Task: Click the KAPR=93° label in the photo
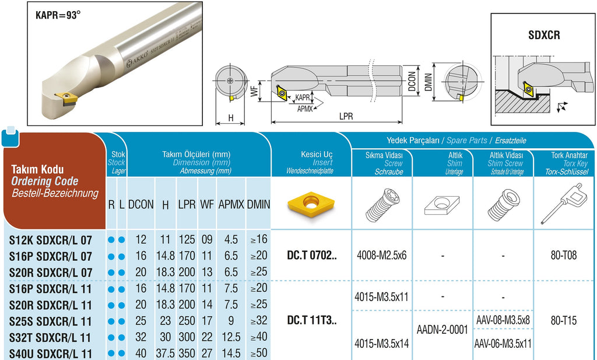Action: (58, 15)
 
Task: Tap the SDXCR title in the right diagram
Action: (544, 35)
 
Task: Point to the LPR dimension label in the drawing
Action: (346, 116)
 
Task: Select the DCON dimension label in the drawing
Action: (412, 82)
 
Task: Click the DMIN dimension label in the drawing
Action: (429, 82)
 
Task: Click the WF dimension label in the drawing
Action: (254, 92)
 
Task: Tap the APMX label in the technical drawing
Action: (305, 109)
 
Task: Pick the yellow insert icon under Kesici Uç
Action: (311, 204)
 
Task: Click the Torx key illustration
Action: (561, 204)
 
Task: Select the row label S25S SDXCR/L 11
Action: (50, 321)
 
